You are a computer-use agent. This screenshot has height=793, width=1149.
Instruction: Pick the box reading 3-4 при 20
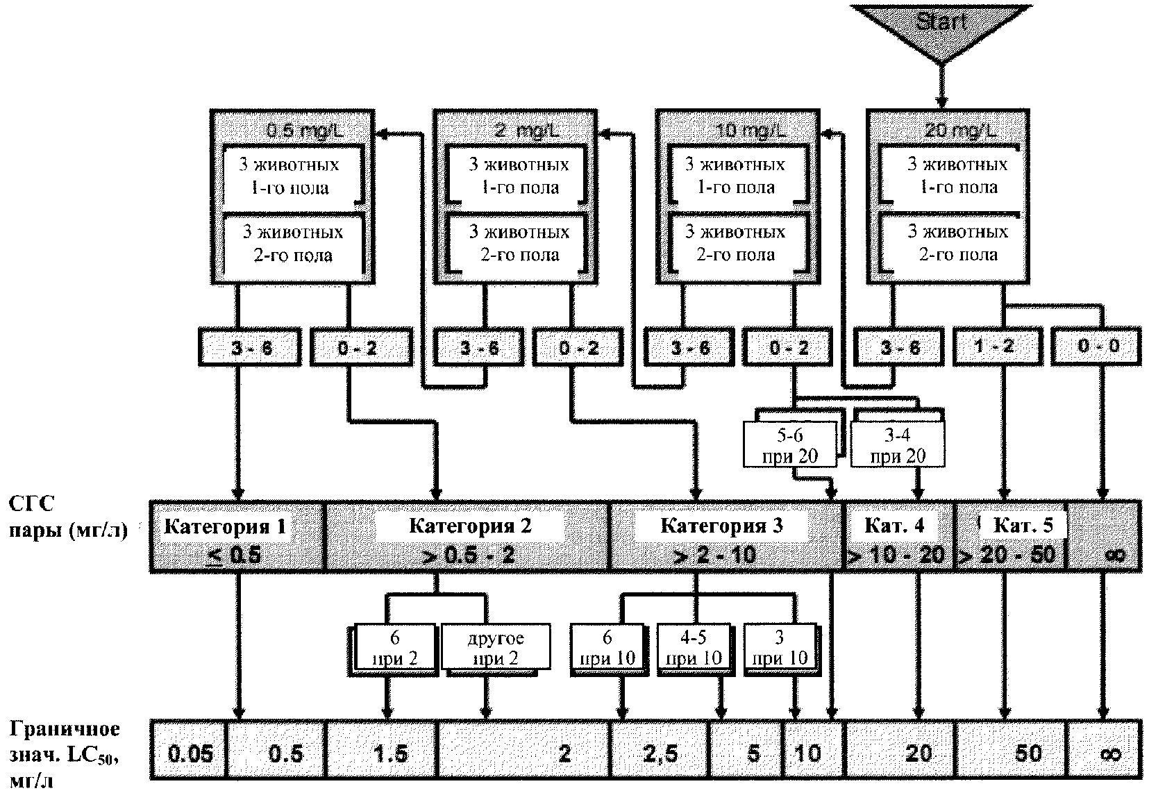pyautogui.click(x=898, y=445)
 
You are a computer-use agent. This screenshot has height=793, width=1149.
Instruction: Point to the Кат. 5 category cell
pyautogui.click(x=1010, y=536)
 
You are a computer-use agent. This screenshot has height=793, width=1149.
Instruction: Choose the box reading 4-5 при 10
pyautogui.click(x=694, y=648)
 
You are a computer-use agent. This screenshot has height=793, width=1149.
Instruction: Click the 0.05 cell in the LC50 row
pyautogui.click(x=190, y=753)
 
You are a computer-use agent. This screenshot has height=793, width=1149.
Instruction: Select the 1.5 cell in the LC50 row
pyautogui.click(x=390, y=753)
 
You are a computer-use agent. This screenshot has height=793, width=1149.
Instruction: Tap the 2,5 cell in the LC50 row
pyautogui.click(x=660, y=753)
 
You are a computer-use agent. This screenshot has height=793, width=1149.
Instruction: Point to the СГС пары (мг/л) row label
pyautogui.click(x=68, y=518)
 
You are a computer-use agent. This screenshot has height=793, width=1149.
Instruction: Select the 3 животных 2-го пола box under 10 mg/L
pyautogui.click(x=735, y=244)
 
